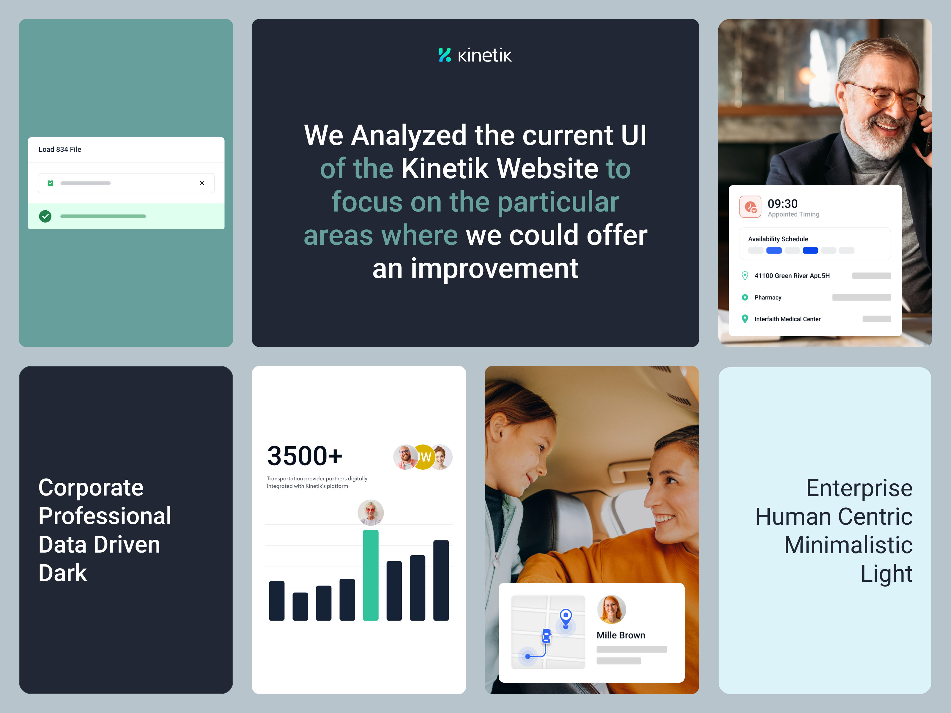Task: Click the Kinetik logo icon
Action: tap(445, 55)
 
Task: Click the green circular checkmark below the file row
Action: tap(45, 216)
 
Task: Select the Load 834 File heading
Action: tap(60, 149)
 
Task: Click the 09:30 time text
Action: tap(782, 204)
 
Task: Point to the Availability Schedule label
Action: tap(778, 239)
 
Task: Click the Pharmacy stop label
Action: tap(768, 297)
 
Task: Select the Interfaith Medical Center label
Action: tap(787, 319)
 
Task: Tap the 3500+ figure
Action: tap(304, 456)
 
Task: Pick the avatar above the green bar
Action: tap(371, 512)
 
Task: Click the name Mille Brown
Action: tap(621, 635)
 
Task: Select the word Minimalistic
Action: tap(848, 545)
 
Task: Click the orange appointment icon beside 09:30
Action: tap(750, 207)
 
